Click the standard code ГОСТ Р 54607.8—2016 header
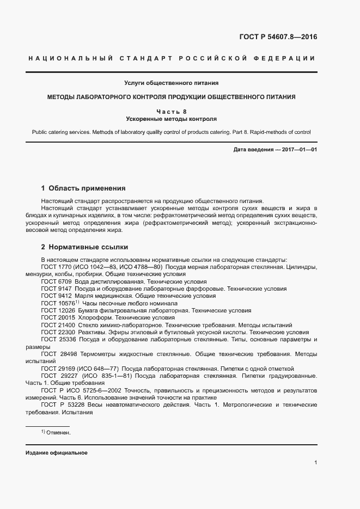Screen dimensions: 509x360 coord(278,37)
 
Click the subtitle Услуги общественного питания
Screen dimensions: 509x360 coord(171,83)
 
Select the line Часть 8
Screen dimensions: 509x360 coord(171,111)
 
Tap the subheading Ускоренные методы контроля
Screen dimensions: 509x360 coord(171,118)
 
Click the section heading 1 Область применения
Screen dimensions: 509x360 coord(83,188)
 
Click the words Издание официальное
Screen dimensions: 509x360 coord(56,453)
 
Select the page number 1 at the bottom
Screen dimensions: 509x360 coord(316,463)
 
